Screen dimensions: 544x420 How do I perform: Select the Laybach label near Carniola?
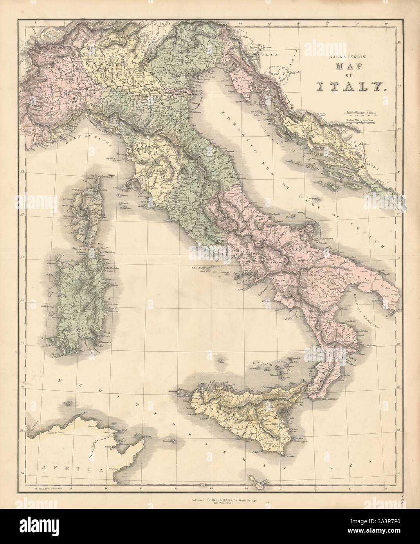point(256,48)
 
